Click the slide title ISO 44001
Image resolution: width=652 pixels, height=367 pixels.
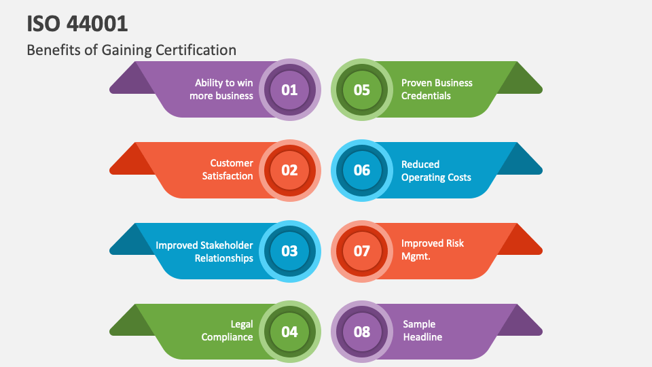[x=77, y=23]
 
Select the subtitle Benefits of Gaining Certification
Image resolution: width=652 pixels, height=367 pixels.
[x=132, y=50]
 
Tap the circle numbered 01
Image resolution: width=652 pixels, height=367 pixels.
[x=290, y=90]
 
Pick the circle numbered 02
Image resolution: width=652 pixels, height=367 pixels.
[x=290, y=170]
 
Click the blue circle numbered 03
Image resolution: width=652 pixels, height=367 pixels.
[x=290, y=251]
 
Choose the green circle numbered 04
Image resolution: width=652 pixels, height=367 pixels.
[x=290, y=332]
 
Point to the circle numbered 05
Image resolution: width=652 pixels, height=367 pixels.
[x=362, y=90]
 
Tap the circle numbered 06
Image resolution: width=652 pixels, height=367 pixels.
[x=362, y=170]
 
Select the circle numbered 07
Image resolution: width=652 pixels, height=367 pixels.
[x=362, y=251]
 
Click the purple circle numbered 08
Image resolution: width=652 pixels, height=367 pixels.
[x=362, y=332]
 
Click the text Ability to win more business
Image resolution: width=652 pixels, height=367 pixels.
[x=221, y=90]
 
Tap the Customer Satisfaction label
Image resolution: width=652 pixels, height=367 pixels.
[x=228, y=170]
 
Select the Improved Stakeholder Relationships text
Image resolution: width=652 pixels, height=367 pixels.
[x=204, y=251]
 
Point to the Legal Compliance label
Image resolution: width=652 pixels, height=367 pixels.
[x=228, y=331]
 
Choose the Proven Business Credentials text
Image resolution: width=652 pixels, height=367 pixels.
[x=437, y=90]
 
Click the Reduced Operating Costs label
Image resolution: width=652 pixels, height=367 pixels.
[x=436, y=171]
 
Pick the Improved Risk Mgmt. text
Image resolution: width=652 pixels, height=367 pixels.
[x=433, y=249]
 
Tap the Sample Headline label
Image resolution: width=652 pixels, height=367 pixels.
[x=422, y=331]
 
